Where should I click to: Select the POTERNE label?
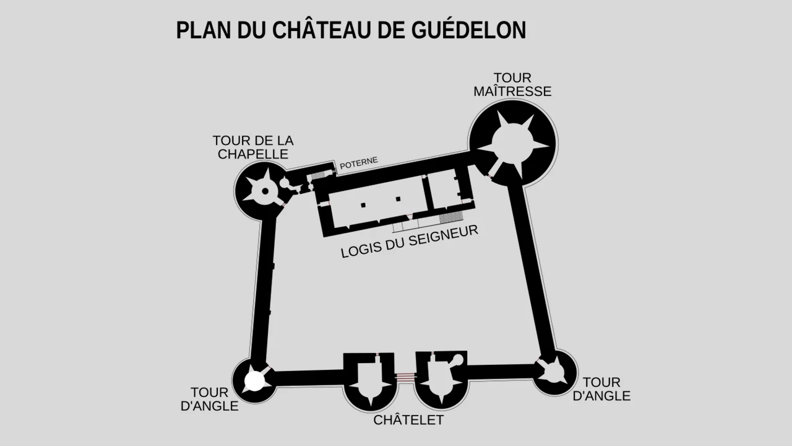pyautogui.click(x=359, y=163)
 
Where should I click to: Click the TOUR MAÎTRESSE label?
pyautogui.click(x=512, y=85)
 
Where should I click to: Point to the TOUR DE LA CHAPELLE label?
pyautogui.click(x=253, y=147)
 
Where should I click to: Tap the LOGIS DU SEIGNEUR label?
pyautogui.click(x=410, y=242)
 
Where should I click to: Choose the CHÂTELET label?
pyautogui.click(x=408, y=420)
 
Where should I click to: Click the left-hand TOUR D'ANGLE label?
pyautogui.click(x=209, y=400)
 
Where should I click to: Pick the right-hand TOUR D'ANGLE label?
pyautogui.click(x=601, y=389)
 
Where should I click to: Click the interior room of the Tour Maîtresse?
pyautogui.click(x=513, y=143)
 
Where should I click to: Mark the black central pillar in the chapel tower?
pyautogui.click(x=265, y=191)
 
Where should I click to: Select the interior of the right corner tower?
pyautogui.click(x=553, y=372)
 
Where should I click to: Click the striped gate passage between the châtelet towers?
pyautogui.click(x=405, y=377)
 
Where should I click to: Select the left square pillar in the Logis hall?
pyautogui.click(x=364, y=205)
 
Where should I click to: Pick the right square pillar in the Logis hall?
pyautogui.click(x=398, y=199)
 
